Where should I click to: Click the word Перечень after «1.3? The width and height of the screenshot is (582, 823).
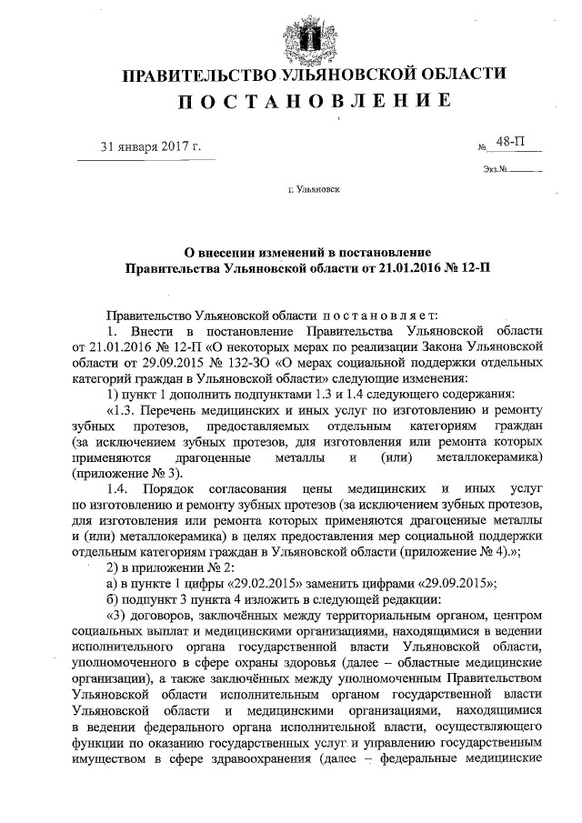click(177, 411)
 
